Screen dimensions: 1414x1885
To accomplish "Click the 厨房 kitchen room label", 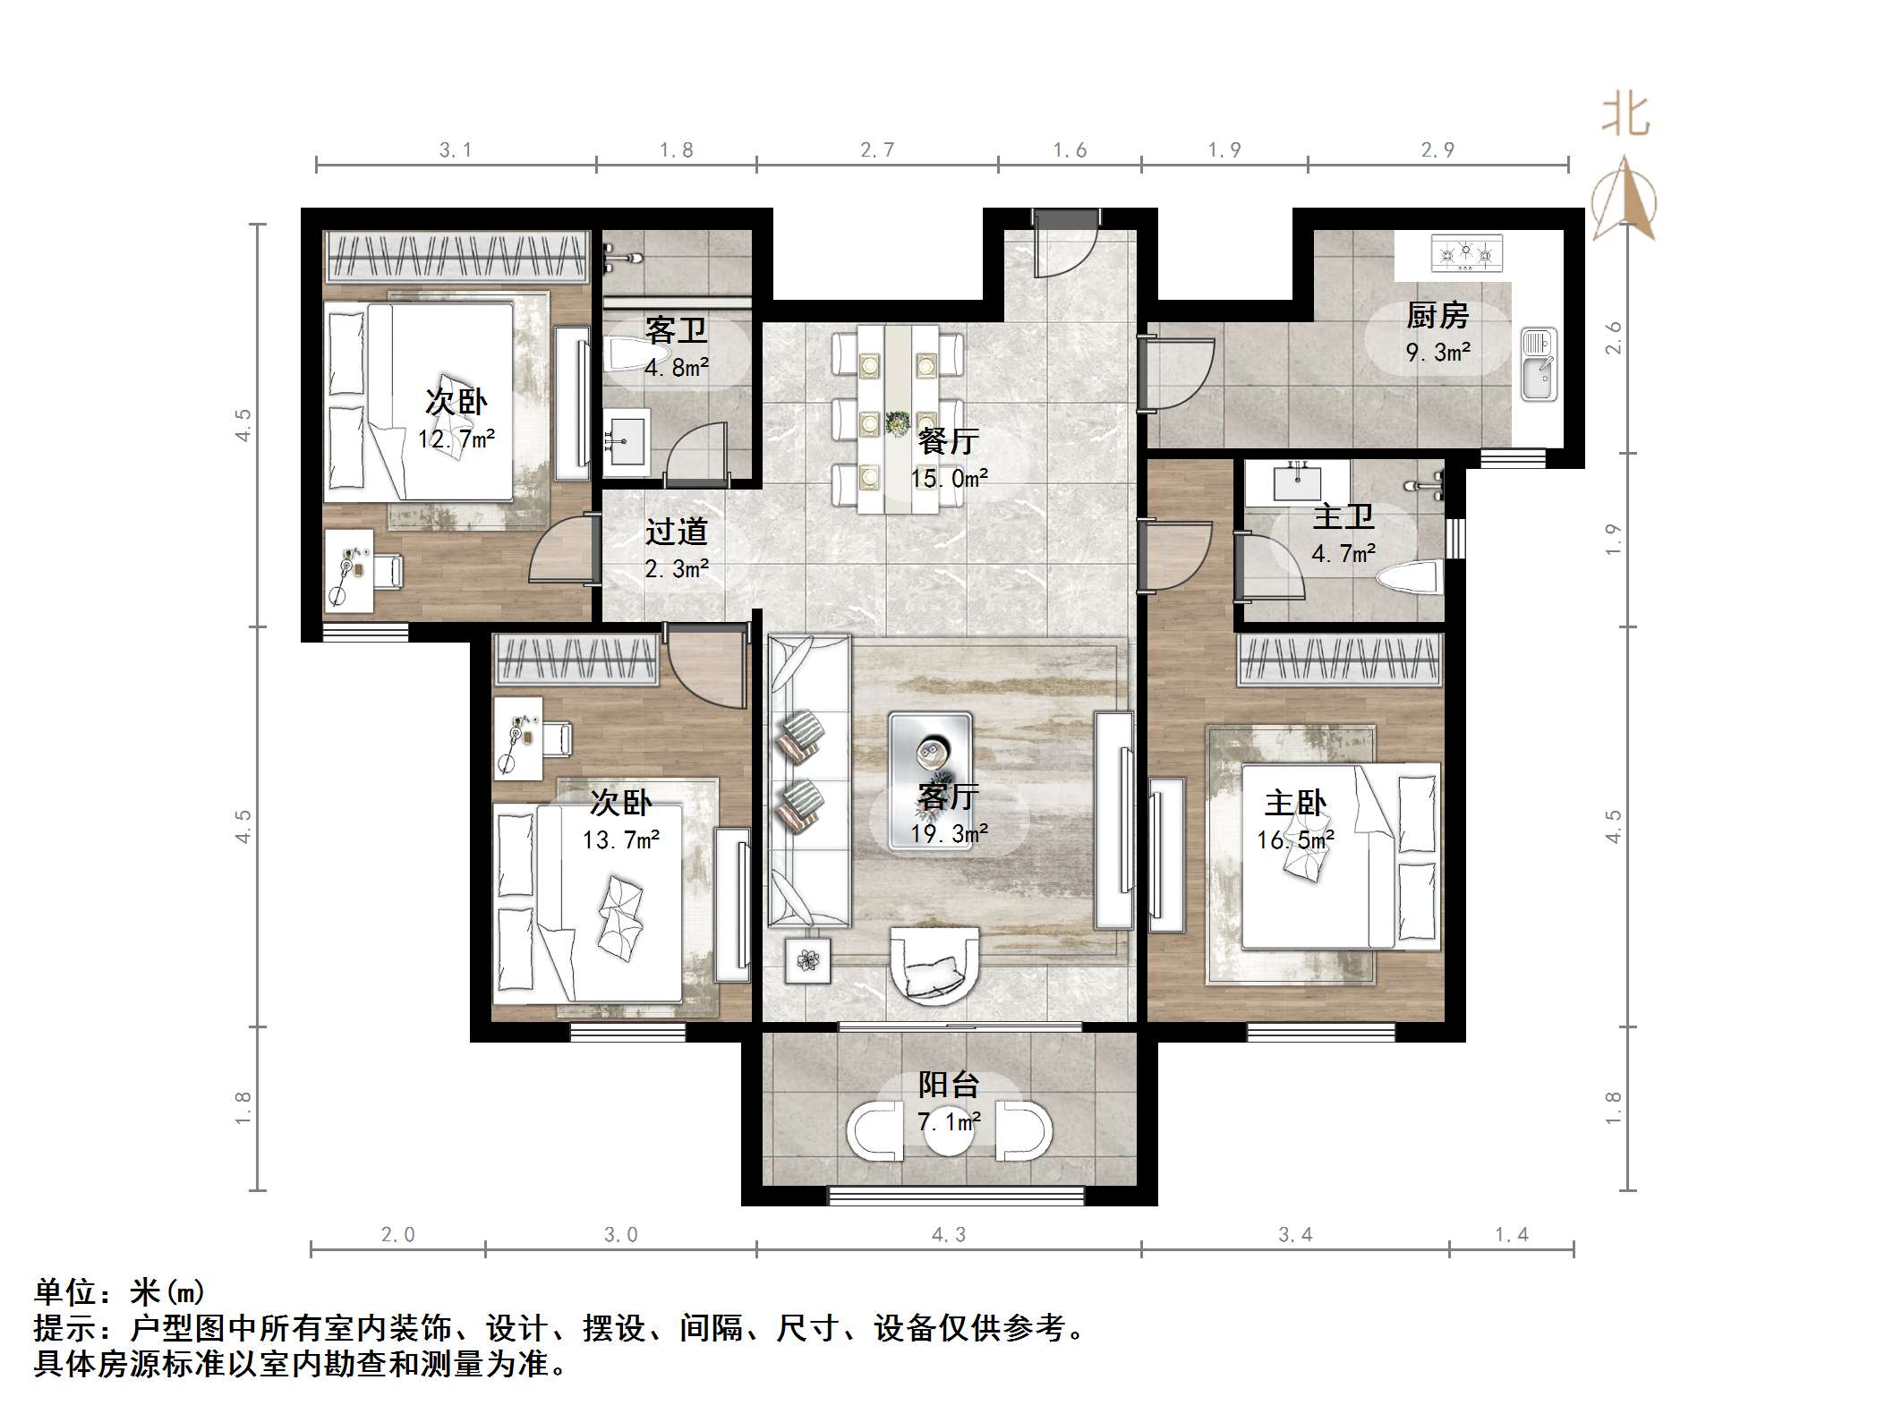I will pos(1437,315).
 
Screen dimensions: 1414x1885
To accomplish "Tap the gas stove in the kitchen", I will pos(1466,253).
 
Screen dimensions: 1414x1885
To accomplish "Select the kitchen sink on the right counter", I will pos(1539,364).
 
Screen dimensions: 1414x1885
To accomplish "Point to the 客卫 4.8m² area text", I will pos(677,367).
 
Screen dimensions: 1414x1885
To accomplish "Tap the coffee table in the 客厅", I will pos(930,779).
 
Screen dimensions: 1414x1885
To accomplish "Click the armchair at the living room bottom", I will pos(934,964).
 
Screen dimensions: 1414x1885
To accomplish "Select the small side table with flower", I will pos(808,960).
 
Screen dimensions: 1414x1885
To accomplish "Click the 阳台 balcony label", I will pos(949,1085).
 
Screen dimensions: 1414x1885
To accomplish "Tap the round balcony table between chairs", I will pos(949,1133).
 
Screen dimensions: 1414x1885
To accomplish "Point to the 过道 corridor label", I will pos(677,532).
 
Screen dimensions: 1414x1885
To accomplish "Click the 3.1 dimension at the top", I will pos(456,150).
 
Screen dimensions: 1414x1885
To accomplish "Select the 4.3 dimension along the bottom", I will pos(949,1236).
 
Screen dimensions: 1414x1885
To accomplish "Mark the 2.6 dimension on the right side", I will pos(1613,338).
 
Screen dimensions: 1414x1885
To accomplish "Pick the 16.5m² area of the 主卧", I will pos(1295,839).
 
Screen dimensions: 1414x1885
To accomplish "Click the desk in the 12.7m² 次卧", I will pos(348,570).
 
